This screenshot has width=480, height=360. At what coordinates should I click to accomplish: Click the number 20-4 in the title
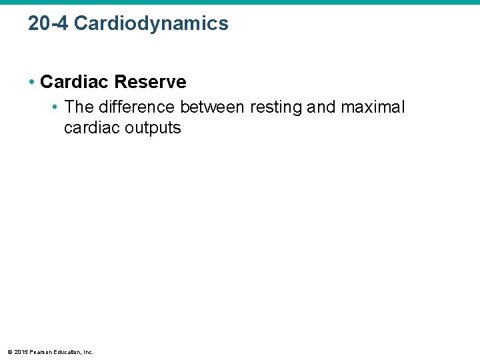point(48,23)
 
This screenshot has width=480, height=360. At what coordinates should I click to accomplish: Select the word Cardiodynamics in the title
point(151,23)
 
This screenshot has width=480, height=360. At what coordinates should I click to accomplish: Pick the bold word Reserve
point(151,82)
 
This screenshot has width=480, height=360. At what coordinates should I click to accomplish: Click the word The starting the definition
point(79,107)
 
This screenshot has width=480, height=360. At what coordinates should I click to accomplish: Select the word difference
point(137,107)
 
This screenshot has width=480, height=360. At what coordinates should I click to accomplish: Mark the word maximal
point(373,107)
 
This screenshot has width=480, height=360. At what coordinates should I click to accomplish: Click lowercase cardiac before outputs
point(92,127)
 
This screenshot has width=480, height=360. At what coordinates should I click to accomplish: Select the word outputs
point(153,127)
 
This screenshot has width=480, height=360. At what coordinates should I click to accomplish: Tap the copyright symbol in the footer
point(10,351)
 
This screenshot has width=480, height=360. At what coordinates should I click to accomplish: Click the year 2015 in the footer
point(21,351)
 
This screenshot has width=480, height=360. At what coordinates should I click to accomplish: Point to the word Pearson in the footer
point(41,351)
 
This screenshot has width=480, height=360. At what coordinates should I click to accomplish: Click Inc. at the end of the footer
point(88,351)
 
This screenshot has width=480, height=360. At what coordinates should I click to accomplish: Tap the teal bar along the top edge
point(240,2)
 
